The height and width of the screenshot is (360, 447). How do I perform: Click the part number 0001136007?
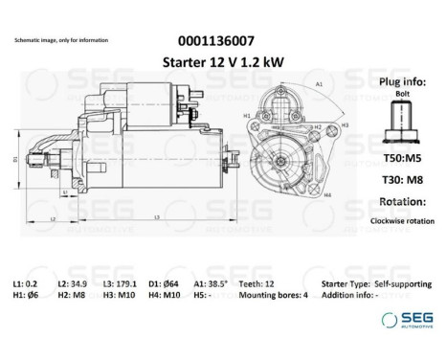click(x=217, y=41)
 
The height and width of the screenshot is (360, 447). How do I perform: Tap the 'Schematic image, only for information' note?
click(x=62, y=40)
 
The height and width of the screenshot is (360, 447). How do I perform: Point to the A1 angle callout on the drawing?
click(x=317, y=84)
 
